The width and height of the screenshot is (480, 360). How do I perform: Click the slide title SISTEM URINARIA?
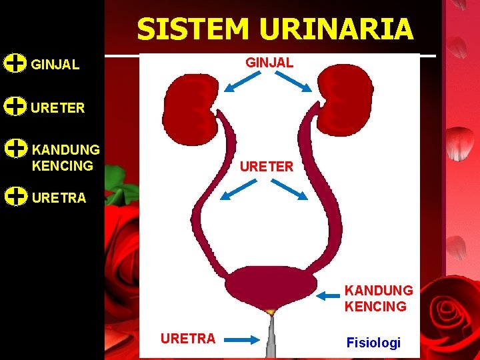[x=275, y=29]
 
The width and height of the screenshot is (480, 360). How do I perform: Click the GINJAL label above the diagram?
[x=269, y=62]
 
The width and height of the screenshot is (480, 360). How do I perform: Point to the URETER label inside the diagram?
[x=266, y=166]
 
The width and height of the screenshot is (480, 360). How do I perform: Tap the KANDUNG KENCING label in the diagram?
[x=378, y=299]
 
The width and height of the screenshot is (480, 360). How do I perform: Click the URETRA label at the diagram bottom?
[x=187, y=338]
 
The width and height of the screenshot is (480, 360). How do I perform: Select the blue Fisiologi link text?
[x=373, y=343]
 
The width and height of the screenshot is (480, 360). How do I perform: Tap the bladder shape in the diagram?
[x=270, y=285]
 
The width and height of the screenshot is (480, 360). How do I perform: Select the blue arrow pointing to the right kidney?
[x=295, y=82]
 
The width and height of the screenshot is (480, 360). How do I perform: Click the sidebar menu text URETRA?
[x=59, y=197]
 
